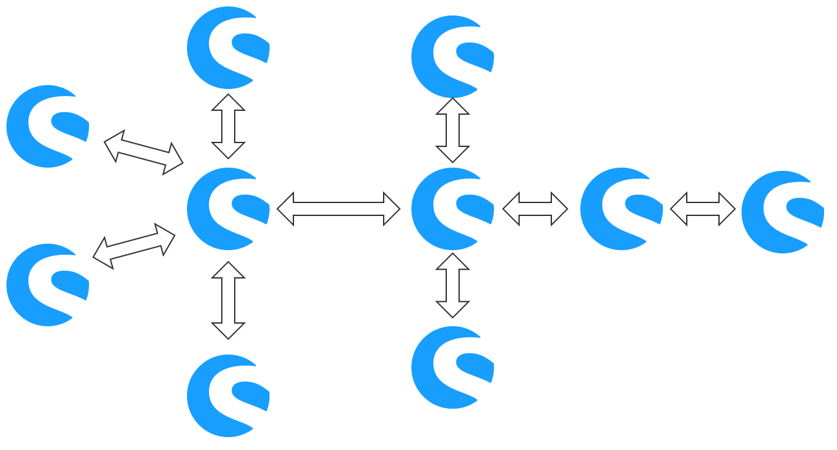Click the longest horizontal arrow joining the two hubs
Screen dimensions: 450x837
pos(339,209)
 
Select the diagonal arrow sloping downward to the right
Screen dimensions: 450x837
pos(144,153)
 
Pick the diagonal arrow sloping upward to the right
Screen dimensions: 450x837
pos(134,246)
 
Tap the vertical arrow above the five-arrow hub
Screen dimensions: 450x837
pos(228,126)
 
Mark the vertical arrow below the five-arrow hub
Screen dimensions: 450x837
pos(228,300)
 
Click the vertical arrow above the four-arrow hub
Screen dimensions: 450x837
pos(453,130)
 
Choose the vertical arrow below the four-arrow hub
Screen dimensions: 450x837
pos(453,286)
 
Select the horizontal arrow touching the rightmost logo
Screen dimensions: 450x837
pos(703,209)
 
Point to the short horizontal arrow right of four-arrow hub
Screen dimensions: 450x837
pos(535,209)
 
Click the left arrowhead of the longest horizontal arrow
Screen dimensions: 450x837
pos(286,209)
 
